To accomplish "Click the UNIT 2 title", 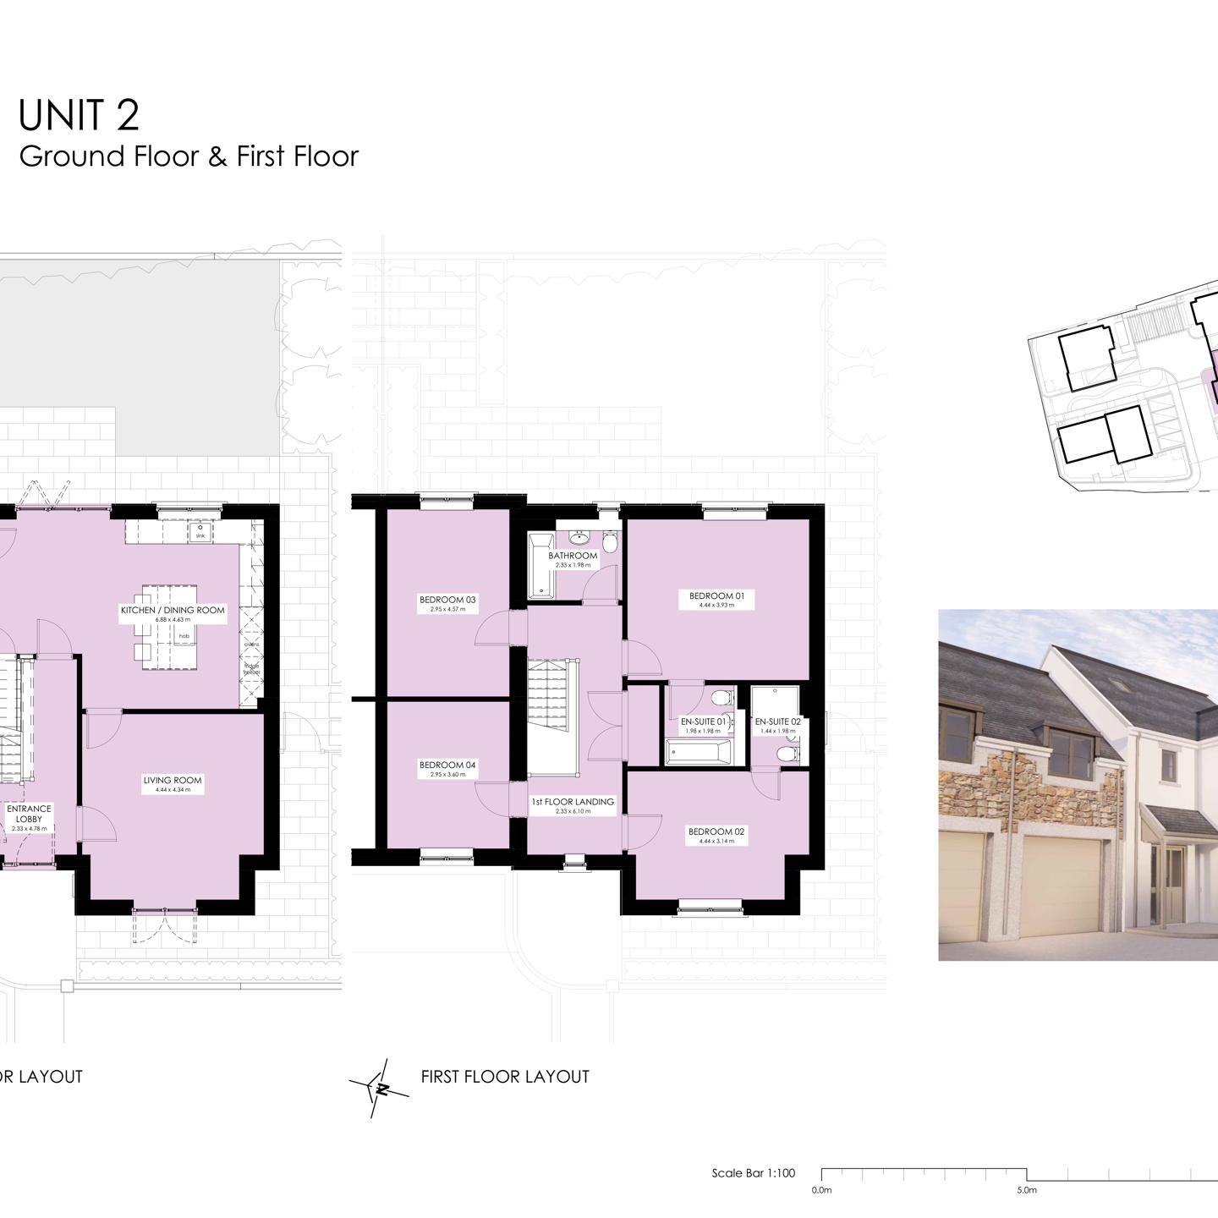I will [79, 115].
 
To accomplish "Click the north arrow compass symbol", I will [380, 1088].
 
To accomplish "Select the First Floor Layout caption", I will [505, 1077].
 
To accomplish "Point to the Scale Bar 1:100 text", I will [754, 1173].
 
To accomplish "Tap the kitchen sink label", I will [200, 535].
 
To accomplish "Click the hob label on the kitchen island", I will [184, 636].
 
